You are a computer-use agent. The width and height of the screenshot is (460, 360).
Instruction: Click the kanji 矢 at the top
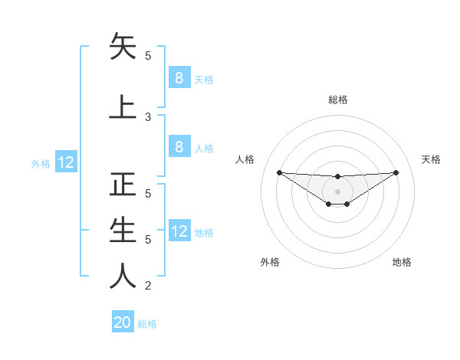tap(123, 47)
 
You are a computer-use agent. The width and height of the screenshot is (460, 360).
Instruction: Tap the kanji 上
tap(123, 106)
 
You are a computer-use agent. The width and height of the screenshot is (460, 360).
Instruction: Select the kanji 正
tap(123, 185)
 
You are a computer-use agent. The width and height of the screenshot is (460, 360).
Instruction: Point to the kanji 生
tap(123, 230)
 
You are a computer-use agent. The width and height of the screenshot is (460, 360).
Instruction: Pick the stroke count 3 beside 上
tap(149, 116)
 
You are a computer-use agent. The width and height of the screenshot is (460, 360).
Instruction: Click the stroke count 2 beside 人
tap(149, 286)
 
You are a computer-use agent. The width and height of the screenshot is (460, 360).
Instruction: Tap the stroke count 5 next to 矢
tap(149, 56)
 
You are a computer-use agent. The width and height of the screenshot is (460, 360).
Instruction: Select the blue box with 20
tap(123, 322)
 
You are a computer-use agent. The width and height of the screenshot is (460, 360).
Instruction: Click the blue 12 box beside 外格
tap(66, 162)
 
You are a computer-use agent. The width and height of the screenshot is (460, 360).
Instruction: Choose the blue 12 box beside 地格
tap(179, 231)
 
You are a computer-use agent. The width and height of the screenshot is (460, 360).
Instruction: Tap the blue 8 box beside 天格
tap(179, 78)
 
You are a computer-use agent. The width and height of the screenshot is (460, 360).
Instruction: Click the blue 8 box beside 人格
tap(179, 147)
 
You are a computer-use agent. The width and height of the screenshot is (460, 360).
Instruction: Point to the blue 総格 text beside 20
tap(147, 324)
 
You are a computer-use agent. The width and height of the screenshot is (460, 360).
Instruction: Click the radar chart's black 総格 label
tap(338, 100)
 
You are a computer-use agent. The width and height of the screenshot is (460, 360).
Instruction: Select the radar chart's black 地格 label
tap(402, 262)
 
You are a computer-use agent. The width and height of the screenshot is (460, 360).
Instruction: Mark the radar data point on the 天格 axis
tap(396, 172)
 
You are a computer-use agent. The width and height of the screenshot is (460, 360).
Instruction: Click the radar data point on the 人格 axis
tap(279, 172)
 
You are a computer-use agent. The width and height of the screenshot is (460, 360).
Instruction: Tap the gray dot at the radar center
tap(338, 191)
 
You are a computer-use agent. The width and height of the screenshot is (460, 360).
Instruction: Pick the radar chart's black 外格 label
tap(270, 262)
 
